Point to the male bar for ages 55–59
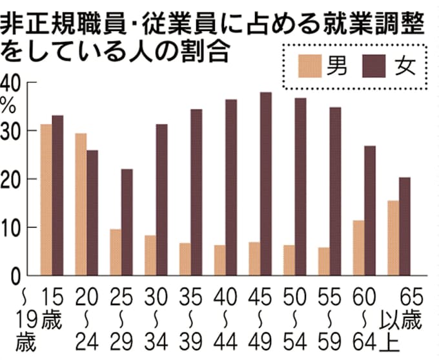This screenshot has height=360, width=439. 323,261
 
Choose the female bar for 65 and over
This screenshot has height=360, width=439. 405,226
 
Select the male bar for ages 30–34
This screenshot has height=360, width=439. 150,255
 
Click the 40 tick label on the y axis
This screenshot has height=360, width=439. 12,83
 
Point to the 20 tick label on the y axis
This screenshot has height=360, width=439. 12,179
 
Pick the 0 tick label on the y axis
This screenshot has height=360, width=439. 16,276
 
